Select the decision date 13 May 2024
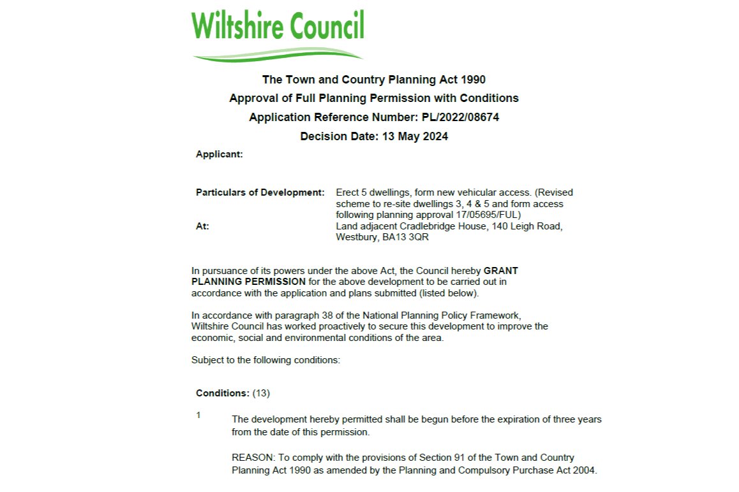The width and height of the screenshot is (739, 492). click(x=415, y=136)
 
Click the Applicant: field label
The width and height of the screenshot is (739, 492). click(x=219, y=154)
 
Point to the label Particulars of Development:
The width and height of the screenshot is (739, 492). click(x=260, y=192)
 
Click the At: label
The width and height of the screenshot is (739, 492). click(x=202, y=226)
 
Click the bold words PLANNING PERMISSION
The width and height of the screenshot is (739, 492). click(x=248, y=282)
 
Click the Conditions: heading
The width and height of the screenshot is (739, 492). click(x=223, y=393)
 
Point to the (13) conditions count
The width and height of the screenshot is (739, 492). click(x=262, y=393)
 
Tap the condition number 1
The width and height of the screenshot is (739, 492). click(x=198, y=416)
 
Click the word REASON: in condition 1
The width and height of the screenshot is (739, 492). click(x=251, y=458)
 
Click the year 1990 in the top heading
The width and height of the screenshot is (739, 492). click(x=473, y=80)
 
